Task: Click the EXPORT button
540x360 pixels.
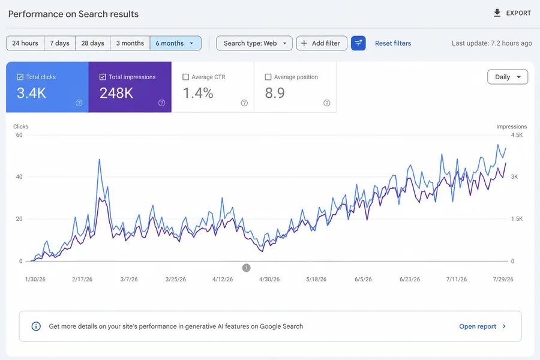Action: point(512,13)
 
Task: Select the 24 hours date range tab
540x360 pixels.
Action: point(25,43)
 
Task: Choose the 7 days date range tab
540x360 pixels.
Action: point(59,43)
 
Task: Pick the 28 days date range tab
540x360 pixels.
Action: point(92,43)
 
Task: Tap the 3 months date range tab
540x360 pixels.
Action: point(130,43)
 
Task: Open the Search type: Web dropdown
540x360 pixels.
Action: point(254,43)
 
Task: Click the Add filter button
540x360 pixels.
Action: point(322,43)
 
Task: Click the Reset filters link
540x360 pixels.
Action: point(393,43)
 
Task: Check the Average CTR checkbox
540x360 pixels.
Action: point(185,77)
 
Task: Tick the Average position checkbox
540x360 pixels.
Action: point(268,77)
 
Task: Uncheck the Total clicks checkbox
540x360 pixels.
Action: point(20,77)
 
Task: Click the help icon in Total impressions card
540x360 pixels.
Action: point(161,103)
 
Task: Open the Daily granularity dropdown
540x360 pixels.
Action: point(508,77)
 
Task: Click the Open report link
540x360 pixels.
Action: point(482,326)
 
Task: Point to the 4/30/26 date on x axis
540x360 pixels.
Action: point(269,279)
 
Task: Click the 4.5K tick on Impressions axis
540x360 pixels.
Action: point(517,135)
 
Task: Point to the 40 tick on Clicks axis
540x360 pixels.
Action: point(19,177)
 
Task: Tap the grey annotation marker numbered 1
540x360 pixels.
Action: point(246,268)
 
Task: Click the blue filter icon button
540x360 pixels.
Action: point(358,43)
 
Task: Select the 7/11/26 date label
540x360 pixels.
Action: point(457,279)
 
